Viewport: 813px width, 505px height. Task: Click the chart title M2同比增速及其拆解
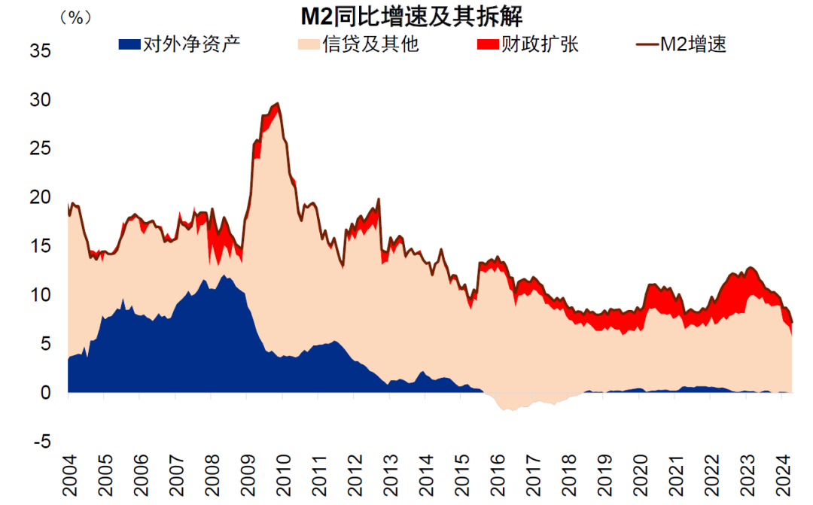(412, 17)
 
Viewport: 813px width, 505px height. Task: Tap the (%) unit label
(76, 18)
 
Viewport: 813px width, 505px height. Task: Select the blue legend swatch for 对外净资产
(129, 44)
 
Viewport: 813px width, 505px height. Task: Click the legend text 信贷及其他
(370, 44)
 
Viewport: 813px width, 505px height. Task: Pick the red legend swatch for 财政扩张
(488, 44)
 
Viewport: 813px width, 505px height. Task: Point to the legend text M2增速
(693, 44)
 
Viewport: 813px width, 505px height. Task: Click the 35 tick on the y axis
(41, 51)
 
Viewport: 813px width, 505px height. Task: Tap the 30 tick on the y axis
(41, 99)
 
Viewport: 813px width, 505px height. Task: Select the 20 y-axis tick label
(41, 197)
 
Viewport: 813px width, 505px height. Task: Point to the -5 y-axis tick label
(42, 442)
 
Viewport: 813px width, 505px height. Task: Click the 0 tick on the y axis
(46, 393)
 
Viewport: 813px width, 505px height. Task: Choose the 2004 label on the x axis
(69, 476)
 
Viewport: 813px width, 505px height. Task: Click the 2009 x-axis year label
(248, 476)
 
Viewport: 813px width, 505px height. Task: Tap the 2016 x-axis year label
(498, 476)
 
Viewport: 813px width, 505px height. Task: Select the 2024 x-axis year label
(783, 476)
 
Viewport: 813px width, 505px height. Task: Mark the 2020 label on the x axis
(641, 476)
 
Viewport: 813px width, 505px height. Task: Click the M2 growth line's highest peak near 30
(278, 104)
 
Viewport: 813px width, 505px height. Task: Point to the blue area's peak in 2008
(224, 276)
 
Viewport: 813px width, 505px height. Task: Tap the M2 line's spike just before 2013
(379, 199)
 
